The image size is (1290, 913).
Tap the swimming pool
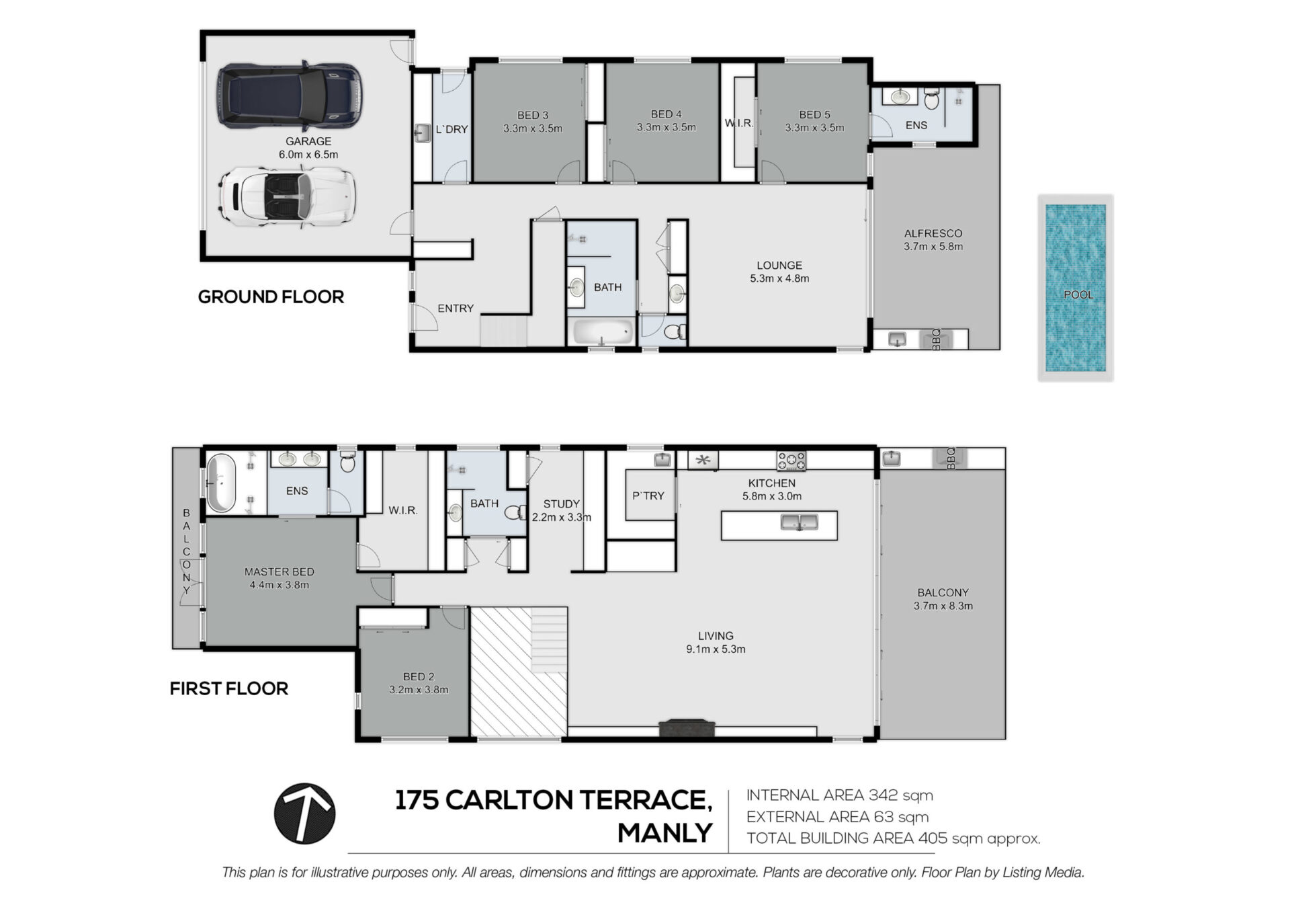(1076, 288)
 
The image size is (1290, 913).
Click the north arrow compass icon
(304, 813)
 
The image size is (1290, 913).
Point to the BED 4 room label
(666, 114)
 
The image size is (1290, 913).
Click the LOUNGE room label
(779, 266)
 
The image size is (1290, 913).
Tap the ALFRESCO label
(933, 233)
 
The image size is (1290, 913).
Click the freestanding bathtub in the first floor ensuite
(221, 483)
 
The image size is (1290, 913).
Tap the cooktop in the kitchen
(791, 461)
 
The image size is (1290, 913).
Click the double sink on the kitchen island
(800, 522)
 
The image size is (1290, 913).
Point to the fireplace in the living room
(686, 728)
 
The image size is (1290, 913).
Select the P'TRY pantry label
(648, 495)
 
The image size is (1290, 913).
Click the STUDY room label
(562, 504)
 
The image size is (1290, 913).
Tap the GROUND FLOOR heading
(271, 296)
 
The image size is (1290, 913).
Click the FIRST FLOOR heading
(229, 688)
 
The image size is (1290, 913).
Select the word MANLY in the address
(665, 834)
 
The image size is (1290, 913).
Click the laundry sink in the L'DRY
(423, 132)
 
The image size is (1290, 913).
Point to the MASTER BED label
(279, 572)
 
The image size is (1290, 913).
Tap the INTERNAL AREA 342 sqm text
(840, 795)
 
